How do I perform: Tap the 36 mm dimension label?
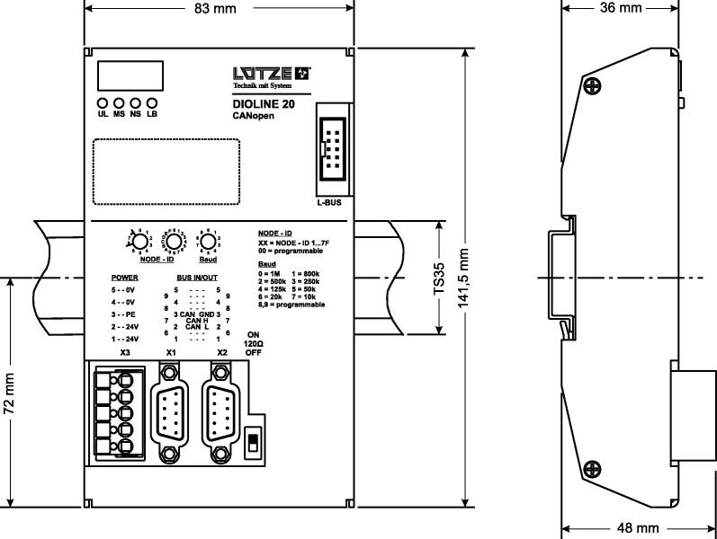click(x=620, y=8)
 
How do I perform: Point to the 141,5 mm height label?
click(x=464, y=279)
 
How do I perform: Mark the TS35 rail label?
click(x=439, y=278)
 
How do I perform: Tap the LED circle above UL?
click(x=103, y=103)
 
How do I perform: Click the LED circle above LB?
click(x=151, y=103)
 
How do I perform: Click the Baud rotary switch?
click(x=207, y=243)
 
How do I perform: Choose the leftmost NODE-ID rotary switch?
click(x=138, y=243)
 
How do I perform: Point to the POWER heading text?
click(x=124, y=278)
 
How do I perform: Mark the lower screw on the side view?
click(x=592, y=467)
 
